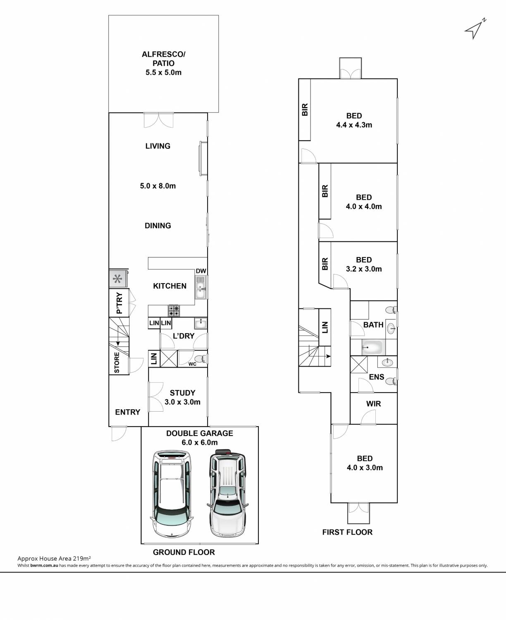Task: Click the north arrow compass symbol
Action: click(475, 29)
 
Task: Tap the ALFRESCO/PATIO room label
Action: click(163, 59)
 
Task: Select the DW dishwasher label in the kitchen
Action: click(201, 271)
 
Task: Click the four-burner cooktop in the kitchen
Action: click(174, 310)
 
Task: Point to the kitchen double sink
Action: click(200, 287)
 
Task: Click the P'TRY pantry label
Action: click(119, 303)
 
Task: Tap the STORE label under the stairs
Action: click(117, 362)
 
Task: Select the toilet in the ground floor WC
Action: click(201, 359)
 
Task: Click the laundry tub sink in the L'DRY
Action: click(200, 323)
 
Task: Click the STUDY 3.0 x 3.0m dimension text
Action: click(182, 402)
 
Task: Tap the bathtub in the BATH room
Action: click(373, 347)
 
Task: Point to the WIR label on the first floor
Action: click(373, 404)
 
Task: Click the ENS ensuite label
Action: click(377, 377)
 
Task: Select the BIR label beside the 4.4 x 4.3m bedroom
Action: click(305, 110)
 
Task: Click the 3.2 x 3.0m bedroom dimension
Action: click(364, 269)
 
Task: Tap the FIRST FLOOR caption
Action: click(347, 532)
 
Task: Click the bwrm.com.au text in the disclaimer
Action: click(44, 565)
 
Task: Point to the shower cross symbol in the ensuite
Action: click(359, 365)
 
